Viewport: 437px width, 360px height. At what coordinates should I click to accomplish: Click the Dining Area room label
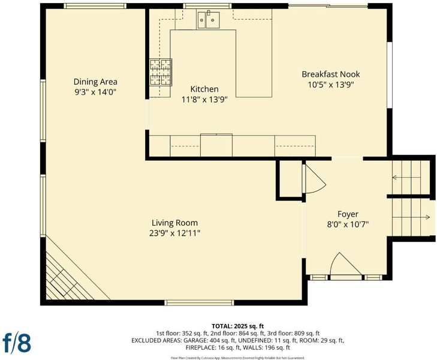[x=95, y=82]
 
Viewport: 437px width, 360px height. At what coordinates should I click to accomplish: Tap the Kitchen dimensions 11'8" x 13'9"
[x=204, y=99]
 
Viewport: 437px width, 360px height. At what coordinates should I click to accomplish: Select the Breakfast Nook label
[x=331, y=74]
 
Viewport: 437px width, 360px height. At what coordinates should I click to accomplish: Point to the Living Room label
[x=175, y=223]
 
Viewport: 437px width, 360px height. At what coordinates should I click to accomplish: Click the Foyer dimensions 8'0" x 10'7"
[x=348, y=224]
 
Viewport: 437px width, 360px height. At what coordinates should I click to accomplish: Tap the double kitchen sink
[x=209, y=19]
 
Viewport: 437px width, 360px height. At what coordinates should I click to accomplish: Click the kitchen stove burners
[x=161, y=72]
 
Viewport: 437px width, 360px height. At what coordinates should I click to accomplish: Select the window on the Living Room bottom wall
[x=199, y=302]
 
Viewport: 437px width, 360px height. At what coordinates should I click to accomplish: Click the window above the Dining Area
[x=95, y=6]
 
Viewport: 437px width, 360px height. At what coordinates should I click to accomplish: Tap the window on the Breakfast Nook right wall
[x=390, y=75]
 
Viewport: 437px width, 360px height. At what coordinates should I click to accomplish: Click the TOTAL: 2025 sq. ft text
[x=237, y=326]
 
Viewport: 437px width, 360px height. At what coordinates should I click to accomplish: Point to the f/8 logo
[x=17, y=343]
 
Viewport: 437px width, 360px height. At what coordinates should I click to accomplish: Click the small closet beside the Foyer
[x=290, y=179]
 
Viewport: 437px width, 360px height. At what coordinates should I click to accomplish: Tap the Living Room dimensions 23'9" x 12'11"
[x=175, y=233]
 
